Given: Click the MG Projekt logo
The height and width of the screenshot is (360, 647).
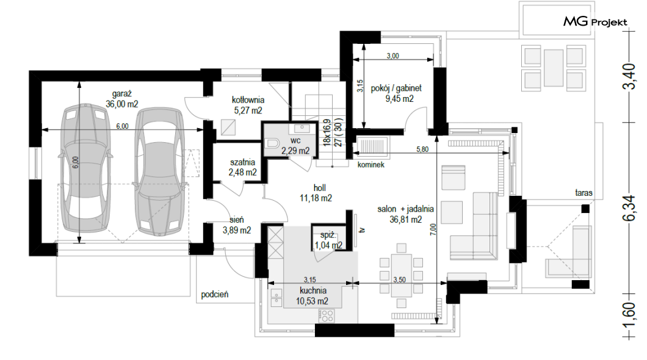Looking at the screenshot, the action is coord(595,21).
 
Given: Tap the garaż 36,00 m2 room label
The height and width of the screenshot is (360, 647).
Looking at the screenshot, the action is coord(121,99).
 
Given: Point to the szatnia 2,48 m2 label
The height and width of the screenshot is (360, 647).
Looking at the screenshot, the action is coord(243,167).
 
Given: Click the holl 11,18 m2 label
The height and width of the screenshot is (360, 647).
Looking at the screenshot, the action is coord(316,193).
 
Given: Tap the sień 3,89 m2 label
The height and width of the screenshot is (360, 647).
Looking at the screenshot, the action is coord(237,225).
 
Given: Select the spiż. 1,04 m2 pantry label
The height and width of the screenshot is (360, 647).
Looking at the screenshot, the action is coord(328,241).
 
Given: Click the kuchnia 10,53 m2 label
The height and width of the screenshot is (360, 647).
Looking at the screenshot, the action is coord(313,296).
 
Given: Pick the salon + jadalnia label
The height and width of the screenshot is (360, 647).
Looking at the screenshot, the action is coord(406,209).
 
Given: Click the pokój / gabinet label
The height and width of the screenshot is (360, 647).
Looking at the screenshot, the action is coord(396,88).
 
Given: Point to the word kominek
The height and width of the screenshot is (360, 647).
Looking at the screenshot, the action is coord(371,165).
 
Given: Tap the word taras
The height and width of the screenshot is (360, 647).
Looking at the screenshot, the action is coord(584,193).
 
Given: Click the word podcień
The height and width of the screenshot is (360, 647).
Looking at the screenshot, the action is coord(215,295).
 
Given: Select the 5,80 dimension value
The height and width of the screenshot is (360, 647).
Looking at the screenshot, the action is coord(422,149).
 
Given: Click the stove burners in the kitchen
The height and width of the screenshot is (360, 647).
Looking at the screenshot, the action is coord(327,316).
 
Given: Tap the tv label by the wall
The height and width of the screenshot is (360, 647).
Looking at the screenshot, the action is coord(363,231).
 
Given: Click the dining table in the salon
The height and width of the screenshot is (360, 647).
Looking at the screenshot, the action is coord(402,275).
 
